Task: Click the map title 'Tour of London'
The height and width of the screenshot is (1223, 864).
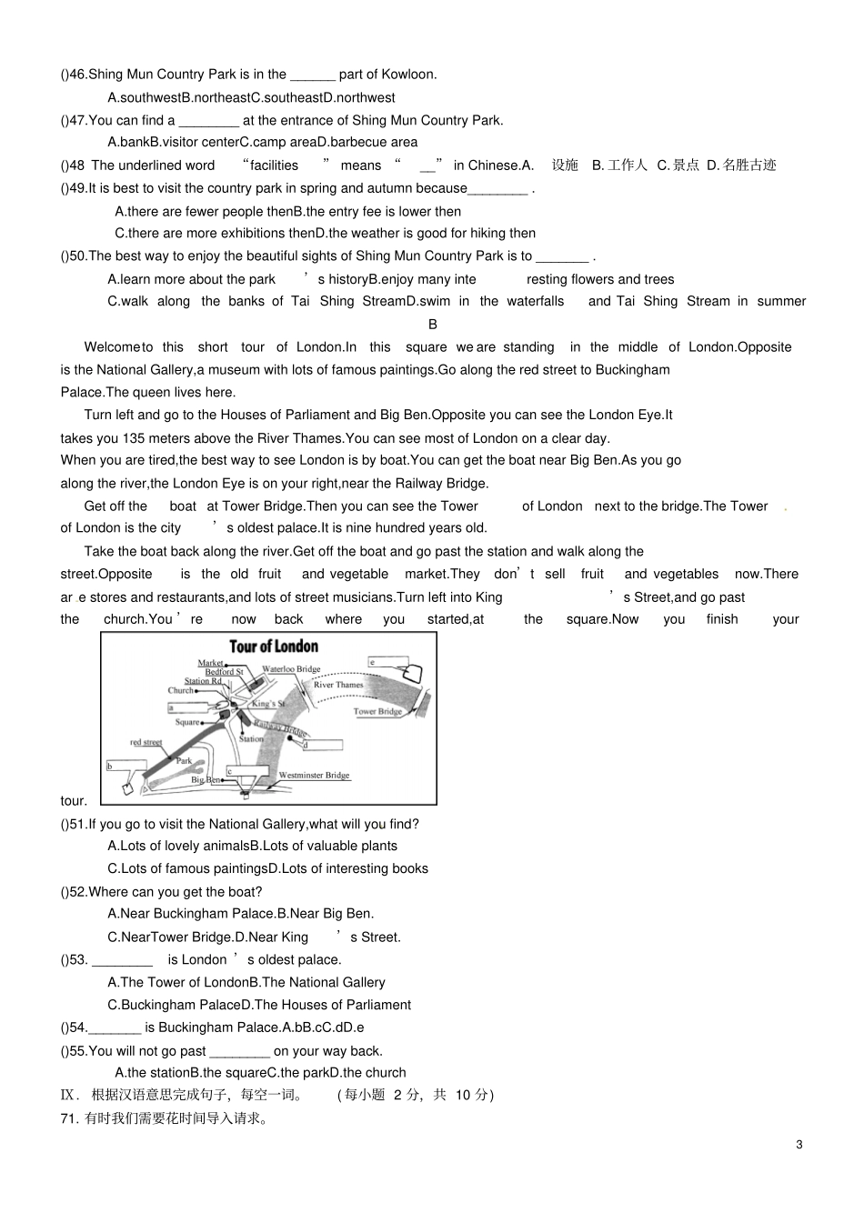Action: [273, 647]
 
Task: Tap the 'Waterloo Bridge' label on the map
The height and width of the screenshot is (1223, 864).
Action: [291, 669]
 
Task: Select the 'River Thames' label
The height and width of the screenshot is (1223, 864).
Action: [338, 685]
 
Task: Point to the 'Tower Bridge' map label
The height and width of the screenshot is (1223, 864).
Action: [377, 712]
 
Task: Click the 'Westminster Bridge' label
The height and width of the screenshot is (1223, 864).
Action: [314, 776]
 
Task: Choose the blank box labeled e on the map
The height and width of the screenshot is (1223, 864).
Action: [388, 663]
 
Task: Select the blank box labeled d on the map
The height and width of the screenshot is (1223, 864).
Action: [324, 745]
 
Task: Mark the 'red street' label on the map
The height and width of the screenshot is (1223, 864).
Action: [146, 742]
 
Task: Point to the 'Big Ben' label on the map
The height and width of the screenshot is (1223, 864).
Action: [206, 780]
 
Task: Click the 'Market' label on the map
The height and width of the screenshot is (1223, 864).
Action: [210, 663]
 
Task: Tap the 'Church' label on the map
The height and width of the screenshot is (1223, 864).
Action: [180, 690]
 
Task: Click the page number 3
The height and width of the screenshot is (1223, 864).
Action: [799, 1144]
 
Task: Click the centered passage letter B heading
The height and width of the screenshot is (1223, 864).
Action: [433, 324]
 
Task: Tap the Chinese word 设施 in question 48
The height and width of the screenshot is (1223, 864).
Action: [565, 165]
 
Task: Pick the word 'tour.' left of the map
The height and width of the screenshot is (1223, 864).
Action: [74, 800]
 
